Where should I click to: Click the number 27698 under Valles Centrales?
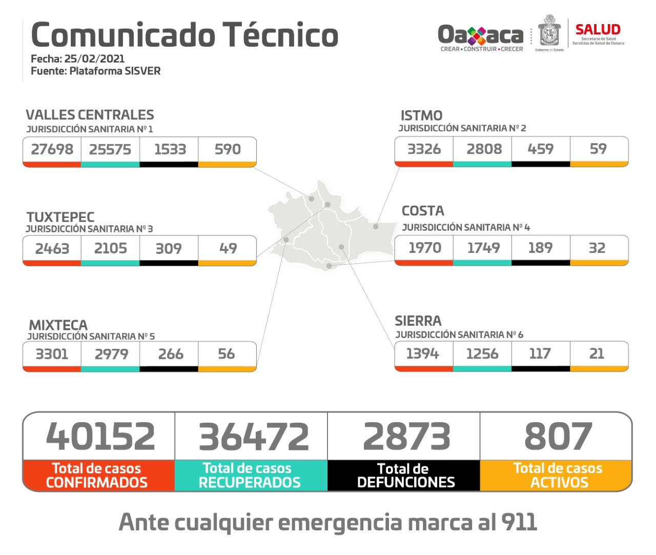point(52,149)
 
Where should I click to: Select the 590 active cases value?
point(228,149)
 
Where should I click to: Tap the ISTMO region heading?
point(421,115)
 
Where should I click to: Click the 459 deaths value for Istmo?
point(540,149)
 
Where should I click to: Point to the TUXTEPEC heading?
point(60,217)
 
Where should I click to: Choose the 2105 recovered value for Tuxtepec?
point(110,248)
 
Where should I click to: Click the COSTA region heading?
point(423,211)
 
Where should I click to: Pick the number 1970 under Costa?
point(424,248)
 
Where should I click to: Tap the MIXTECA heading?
point(58,325)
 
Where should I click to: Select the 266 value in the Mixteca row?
point(170,354)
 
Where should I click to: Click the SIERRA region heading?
point(418,321)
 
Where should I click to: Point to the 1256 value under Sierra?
point(482,353)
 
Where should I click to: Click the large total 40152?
point(100,437)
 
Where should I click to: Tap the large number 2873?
point(406,437)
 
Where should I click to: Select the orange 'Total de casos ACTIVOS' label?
point(558,475)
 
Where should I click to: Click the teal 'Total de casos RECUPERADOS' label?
point(250,475)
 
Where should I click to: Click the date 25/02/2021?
point(94,58)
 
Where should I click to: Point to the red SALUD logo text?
point(598,30)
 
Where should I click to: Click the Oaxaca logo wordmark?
point(480,35)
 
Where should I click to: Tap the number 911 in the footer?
point(519,522)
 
